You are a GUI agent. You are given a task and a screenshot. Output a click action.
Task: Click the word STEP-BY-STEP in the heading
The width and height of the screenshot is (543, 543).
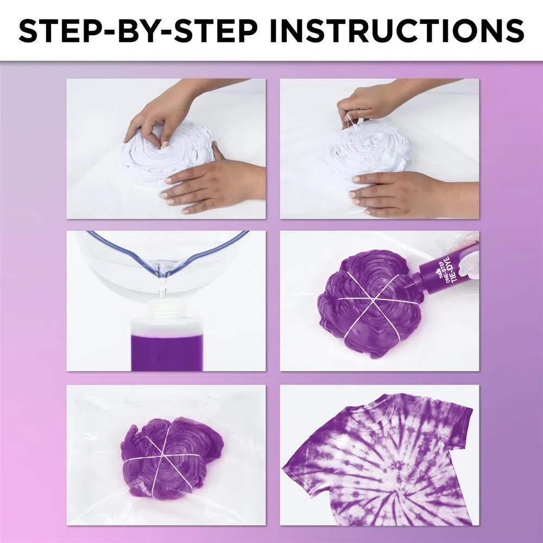[138, 31]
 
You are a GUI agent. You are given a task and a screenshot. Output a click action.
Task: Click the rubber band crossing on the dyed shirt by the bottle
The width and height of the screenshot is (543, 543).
[370, 301]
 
